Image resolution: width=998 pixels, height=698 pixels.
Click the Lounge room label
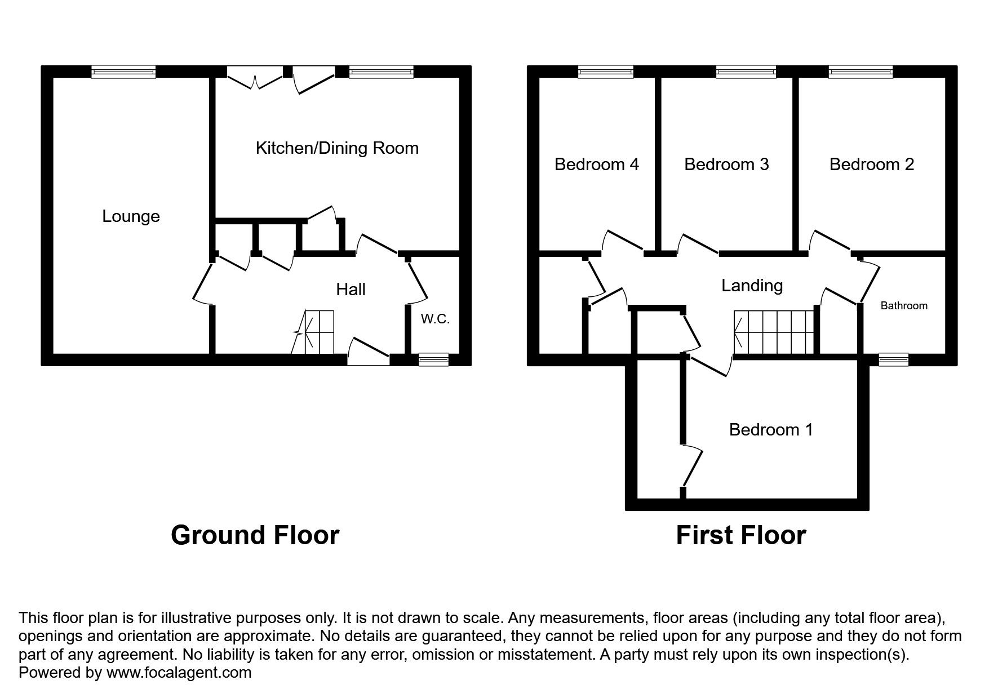coord(131,216)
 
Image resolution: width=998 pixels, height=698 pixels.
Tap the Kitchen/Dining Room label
coord(337,148)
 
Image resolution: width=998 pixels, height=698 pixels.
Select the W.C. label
coord(435,319)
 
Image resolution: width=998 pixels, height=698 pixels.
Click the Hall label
coord(351,290)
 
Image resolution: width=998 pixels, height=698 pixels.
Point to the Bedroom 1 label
coord(770,430)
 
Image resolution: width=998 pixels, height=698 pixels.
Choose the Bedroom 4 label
coord(596,165)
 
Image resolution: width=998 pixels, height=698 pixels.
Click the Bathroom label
coord(903,306)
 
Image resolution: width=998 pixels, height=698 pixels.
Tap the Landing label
coord(752,286)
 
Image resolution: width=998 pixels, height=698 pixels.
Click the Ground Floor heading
coord(255,535)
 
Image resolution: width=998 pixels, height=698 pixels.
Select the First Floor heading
coord(740,535)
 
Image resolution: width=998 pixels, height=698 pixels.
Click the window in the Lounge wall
coord(123,71)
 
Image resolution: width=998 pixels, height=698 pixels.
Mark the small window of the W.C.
coord(433,359)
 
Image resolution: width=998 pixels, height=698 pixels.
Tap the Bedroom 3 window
coord(746,71)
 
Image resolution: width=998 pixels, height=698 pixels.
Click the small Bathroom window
coord(894,359)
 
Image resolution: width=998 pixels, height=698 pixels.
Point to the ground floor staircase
coord(319,332)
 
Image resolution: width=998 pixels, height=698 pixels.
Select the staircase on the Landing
coord(774,332)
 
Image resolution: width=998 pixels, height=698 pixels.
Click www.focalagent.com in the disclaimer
coord(178,673)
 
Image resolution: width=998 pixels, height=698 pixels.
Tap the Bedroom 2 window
coord(861,71)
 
